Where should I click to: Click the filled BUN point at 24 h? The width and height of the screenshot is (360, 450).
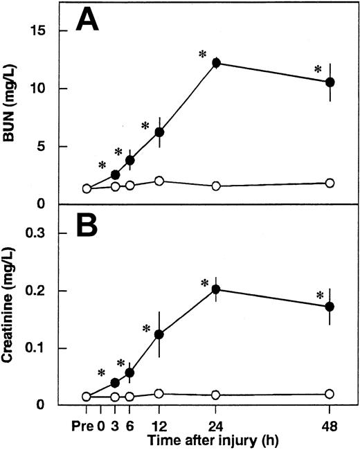pyautogui.click(x=216, y=63)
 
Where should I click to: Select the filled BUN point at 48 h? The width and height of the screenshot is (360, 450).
pyautogui.click(x=330, y=82)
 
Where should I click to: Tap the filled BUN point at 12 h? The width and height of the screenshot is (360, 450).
pyautogui.click(x=159, y=132)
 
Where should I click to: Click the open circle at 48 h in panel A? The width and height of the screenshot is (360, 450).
pyautogui.click(x=330, y=183)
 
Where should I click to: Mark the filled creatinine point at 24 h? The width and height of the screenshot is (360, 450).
pyautogui.click(x=216, y=289)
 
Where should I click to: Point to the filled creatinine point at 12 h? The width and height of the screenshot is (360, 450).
pyautogui.click(x=159, y=334)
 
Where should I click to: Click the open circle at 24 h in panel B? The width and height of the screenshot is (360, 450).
pyautogui.click(x=216, y=395)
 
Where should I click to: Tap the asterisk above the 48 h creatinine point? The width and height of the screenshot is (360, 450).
pyautogui.click(x=320, y=296)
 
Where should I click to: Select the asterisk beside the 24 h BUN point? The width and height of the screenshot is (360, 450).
pyautogui.click(x=203, y=54)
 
